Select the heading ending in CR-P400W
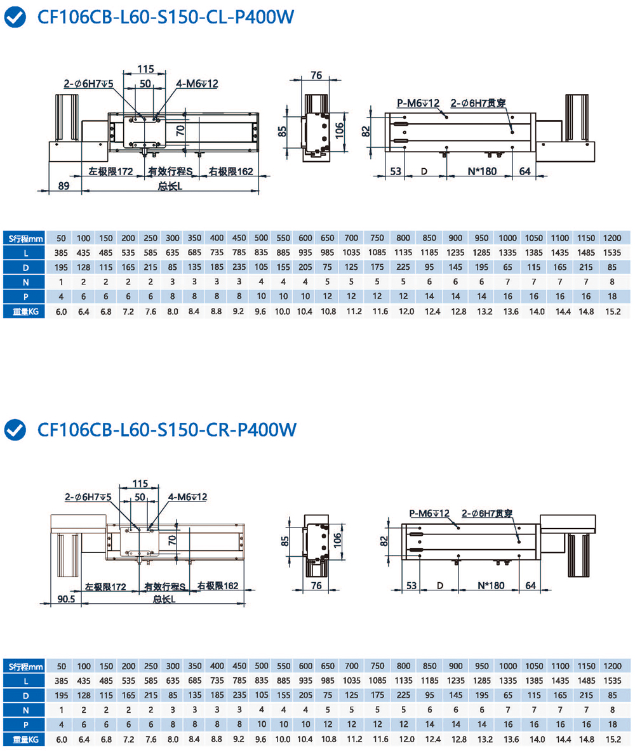point(166,430)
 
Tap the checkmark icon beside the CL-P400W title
point(15,17)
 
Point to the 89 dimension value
point(63,185)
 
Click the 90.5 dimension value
point(66,598)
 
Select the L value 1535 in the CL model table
point(612,253)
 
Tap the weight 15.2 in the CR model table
point(612,739)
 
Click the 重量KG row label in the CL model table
point(25,311)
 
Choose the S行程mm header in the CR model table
point(25,666)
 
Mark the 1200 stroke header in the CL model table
point(612,238)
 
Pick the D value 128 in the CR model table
point(83,695)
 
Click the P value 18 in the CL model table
point(612,296)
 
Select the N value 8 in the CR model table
point(612,710)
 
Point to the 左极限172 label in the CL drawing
point(110,171)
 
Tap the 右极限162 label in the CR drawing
point(217,586)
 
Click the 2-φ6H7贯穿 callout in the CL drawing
point(478,103)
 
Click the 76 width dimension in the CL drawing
point(316,75)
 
